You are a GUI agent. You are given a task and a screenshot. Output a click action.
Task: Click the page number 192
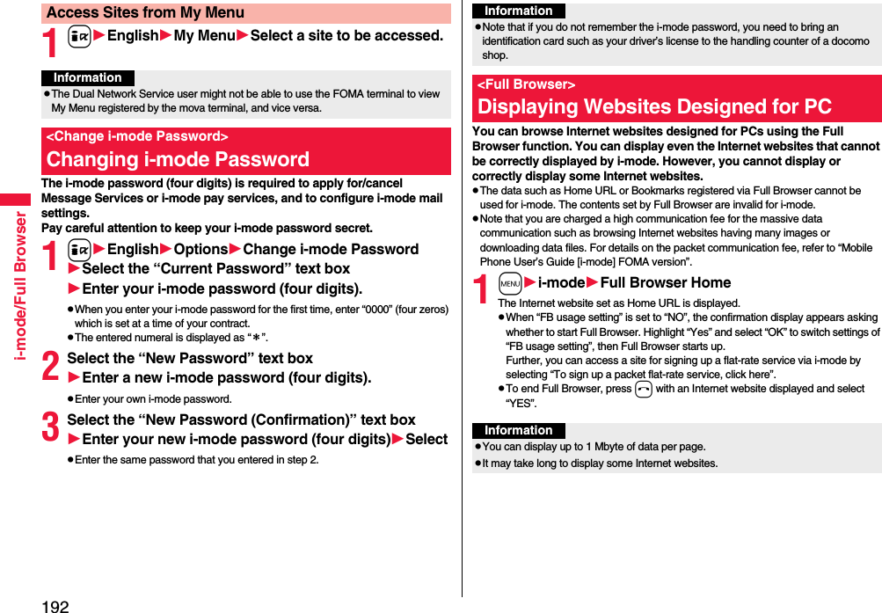pyautogui.click(x=54, y=605)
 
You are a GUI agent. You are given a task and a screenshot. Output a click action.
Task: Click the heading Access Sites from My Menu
pyautogui.click(x=146, y=12)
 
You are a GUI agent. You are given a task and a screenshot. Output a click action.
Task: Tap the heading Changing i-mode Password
pyautogui.click(x=179, y=159)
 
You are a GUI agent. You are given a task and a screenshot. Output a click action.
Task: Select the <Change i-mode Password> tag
pyautogui.click(x=137, y=136)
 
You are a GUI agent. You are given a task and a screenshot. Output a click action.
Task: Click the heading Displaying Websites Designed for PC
pyautogui.click(x=654, y=106)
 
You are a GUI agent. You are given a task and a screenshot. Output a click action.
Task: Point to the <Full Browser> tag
pyautogui.click(x=526, y=84)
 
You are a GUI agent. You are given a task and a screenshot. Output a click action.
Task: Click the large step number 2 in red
pyautogui.click(x=51, y=368)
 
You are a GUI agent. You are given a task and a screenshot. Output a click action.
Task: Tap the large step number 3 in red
pyautogui.click(x=51, y=429)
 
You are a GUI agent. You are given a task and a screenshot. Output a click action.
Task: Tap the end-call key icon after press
pyautogui.click(x=644, y=389)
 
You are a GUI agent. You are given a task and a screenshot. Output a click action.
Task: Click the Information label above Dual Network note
pyautogui.click(x=87, y=77)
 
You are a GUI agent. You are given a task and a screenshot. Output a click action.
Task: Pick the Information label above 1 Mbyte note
pyautogui.click(x=518, y=430)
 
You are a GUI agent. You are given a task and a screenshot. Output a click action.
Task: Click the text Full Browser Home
pyautogui.click(x=666, y=282)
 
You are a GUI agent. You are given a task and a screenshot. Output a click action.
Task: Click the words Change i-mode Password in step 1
pyautogui.click(x=331, y=250)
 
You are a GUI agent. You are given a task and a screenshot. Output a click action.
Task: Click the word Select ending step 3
pyautogui.click(x=426, y=439)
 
